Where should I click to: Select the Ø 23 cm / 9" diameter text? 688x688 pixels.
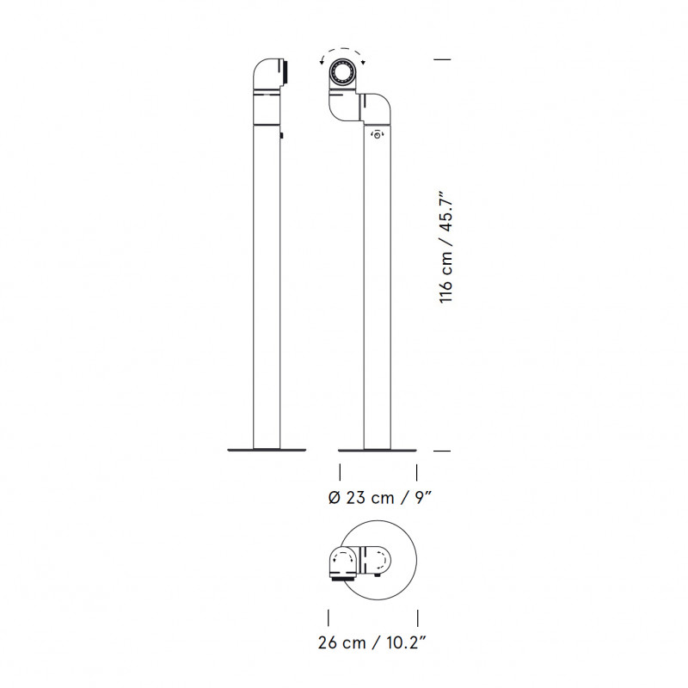click(379, 498)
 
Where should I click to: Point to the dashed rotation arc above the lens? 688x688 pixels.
click(344, 52)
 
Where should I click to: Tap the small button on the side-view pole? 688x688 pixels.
click(281, 135)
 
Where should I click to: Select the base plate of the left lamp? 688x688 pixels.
click(267, 448)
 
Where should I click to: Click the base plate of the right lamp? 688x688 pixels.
click(378, 449)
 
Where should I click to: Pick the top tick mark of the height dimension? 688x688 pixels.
click(443, 58)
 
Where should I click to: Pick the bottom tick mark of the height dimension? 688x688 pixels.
click(443, 450)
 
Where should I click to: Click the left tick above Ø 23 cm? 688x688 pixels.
click(341, 471)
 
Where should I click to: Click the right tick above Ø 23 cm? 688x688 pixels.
click(417, 471)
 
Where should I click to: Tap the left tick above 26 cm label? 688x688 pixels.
click(329, 617)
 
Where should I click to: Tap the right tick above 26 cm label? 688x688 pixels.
click(419, 617)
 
